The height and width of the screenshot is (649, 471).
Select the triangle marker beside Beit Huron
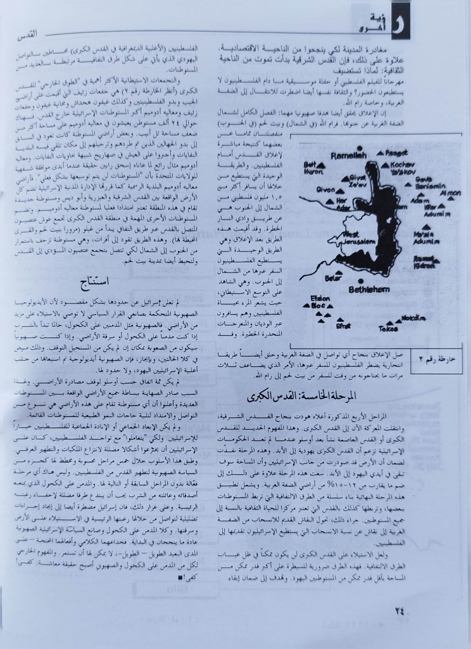321,164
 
